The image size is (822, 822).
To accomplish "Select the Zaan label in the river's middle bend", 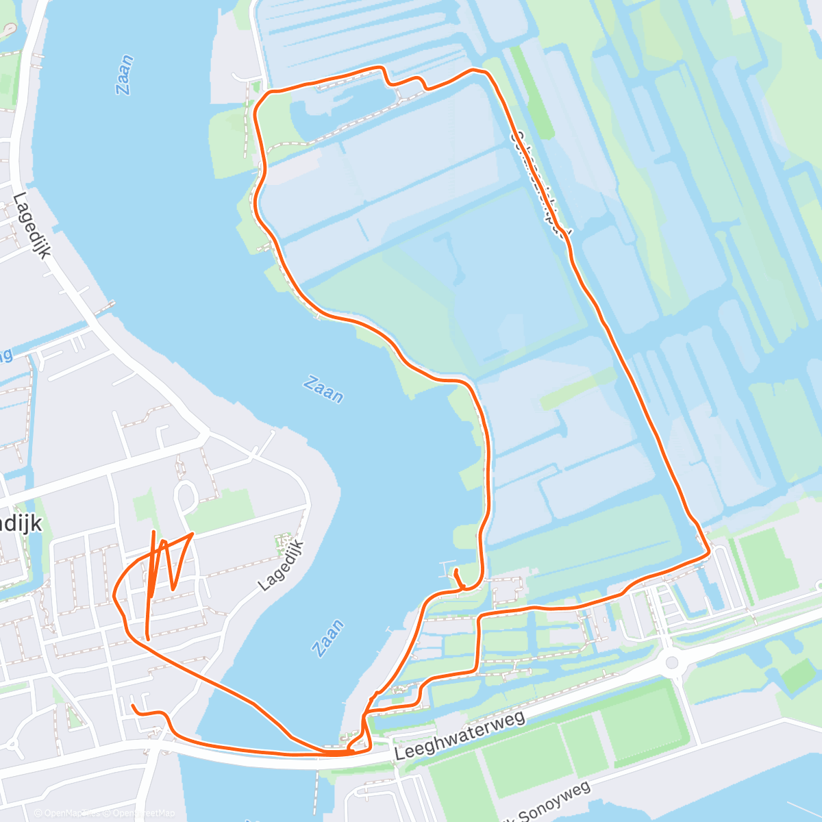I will (x=323, y=389).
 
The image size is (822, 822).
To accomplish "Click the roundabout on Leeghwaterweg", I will (x=671, y=662).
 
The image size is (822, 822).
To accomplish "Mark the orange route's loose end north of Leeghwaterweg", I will (x=134, y=705).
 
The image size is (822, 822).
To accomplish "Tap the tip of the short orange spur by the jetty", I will (x=456, y=571).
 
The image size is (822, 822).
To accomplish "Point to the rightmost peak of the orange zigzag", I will (x=192, y=534).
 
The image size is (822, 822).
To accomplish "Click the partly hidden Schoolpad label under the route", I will (x=540, y=185).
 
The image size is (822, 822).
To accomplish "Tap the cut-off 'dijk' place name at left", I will (x=21, y=524).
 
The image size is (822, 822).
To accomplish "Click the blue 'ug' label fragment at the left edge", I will (x=5, y=356).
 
